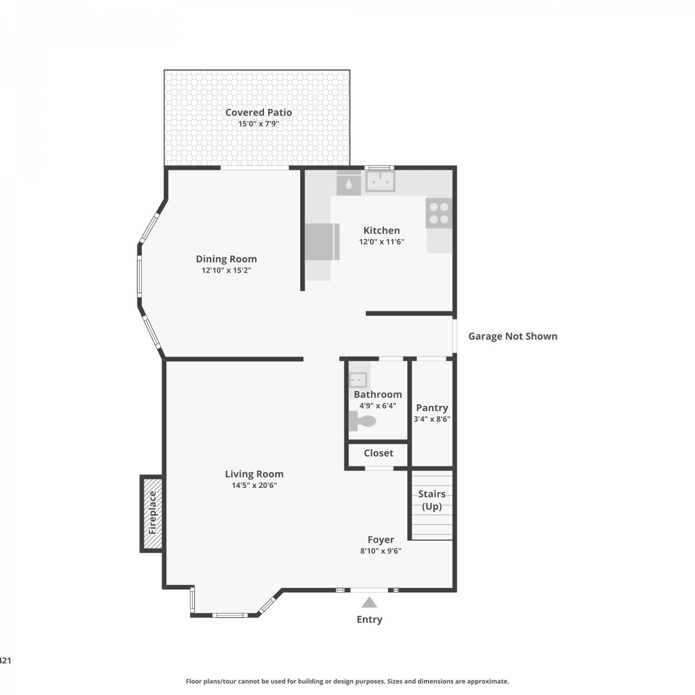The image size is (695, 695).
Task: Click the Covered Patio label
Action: click(x=259, y=112)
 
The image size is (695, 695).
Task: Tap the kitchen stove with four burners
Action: click(x=439, y=213)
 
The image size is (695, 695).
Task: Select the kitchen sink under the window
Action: click(x=380, y=181)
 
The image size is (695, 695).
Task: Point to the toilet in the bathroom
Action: click(x=362, y=421)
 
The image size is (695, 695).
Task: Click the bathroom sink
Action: click(x=358, y=380)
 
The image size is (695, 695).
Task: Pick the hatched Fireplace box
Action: click(x=152, y=513)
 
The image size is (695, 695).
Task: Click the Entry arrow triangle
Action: click(x=369, y=602)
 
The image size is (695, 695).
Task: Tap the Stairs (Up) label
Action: click(x=432, y=500)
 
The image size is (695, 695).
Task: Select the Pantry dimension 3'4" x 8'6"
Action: click(x=432, y=419)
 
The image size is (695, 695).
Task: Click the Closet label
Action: click(x=379, y=453)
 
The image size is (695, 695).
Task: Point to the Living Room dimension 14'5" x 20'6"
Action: click(x=254, y=485)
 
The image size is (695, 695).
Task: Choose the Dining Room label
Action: click(x=226, y=259)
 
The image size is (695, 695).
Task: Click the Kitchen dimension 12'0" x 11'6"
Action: click(x=382, y=241)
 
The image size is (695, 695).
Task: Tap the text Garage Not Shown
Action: click(x=513, y=336)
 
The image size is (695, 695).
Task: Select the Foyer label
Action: click(x=381, y=540)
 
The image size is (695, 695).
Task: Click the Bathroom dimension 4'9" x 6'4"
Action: click(x=378, y=405)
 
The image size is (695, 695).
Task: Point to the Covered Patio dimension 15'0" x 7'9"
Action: click(x=259, y=124)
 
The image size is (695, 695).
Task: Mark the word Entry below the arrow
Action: click(x=369, y=619)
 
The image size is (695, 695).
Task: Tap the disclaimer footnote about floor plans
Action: click(x=347, y=681)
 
